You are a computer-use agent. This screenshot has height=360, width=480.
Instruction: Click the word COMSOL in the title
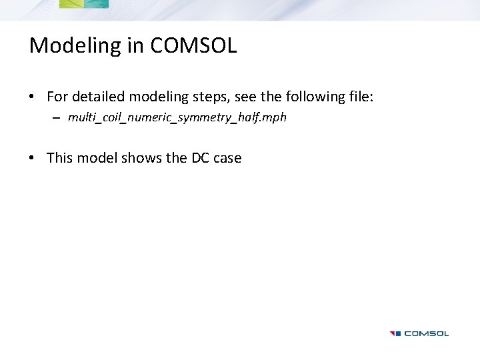click(193, 45)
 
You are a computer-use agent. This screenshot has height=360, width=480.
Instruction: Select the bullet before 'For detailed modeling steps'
click(32, 97)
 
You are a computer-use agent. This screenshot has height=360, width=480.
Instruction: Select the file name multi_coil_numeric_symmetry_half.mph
click(177, 118)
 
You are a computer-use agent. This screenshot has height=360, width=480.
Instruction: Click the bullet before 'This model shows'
click(32, 159)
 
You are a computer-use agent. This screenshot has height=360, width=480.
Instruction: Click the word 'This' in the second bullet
click(60, 158)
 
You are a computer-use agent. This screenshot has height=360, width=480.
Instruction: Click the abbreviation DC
click(200, 158)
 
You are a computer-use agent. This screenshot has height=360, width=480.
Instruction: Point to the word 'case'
click(227, 159)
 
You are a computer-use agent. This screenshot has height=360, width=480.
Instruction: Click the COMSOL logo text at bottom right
click(427, 333)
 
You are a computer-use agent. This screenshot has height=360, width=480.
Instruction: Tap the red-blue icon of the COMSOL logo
click(395, 333)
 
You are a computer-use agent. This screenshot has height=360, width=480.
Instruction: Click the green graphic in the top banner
click(83, 4)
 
